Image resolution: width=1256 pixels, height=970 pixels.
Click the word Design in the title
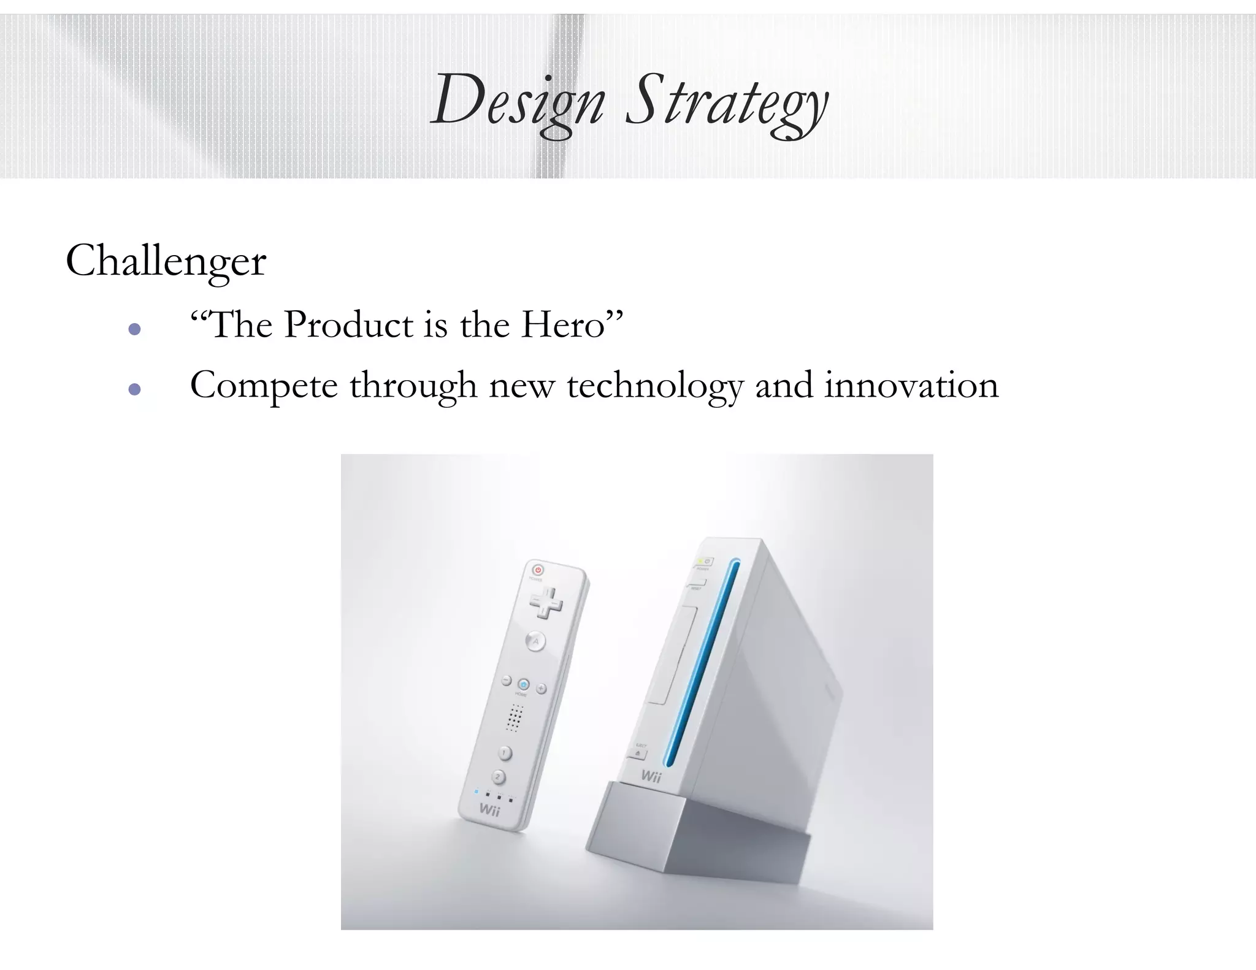click(518, 101)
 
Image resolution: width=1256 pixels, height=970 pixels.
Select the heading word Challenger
click(166, 261)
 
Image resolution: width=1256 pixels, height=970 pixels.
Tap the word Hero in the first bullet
click(563, 324)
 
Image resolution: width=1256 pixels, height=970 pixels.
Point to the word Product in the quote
click(349, 324)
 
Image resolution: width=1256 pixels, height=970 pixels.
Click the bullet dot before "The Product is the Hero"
click(135, 329)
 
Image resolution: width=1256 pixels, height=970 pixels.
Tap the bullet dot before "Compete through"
click(135, 389)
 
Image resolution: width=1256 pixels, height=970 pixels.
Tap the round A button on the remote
click(535, 642)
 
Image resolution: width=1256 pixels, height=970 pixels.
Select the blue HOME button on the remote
click(523, 684)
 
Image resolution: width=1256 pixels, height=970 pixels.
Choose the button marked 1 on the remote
click(505, 752)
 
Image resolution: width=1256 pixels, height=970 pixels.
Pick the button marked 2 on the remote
click(499, 777)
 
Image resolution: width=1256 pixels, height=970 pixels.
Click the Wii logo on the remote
click(489, 810)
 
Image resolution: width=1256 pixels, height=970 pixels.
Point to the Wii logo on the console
click(651, 776)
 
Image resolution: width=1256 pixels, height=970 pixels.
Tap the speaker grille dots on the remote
click(514, 717)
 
